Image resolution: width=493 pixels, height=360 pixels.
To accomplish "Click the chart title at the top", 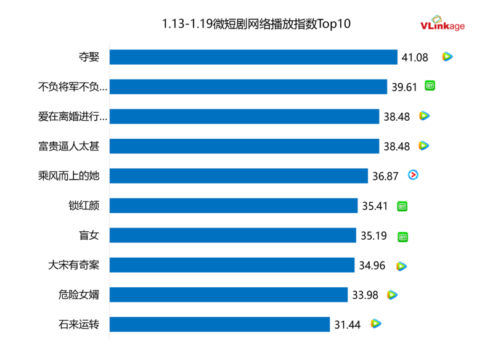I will click(256, 24).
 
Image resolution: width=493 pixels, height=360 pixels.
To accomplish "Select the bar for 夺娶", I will click(253, 57).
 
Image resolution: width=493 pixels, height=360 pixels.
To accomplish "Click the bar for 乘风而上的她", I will click(239, 176).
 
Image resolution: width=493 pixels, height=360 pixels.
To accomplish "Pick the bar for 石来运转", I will click(220, 324).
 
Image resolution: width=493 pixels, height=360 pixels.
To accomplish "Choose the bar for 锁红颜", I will click(234, 205).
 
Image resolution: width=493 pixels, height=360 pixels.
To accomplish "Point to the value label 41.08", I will click(415, 57).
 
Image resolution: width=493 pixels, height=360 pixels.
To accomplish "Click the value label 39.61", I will click(404, 87).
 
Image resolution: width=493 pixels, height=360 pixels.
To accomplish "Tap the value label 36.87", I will click(385, 176).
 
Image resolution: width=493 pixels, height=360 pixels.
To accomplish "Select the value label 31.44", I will click(347, 325).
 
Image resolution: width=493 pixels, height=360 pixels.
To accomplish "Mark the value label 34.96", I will click(372, 266).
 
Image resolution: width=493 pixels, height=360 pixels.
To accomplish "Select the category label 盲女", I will click(94, 235).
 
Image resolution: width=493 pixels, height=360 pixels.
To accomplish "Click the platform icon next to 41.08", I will click(447, 57).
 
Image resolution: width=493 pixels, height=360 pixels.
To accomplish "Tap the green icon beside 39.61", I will click(430, 86).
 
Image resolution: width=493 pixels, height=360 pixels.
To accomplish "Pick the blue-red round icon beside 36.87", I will click(413, 175).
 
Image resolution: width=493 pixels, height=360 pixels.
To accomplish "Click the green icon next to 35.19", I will click(403, 236).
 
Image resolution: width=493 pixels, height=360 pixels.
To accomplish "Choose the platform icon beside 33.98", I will click(393, 295).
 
